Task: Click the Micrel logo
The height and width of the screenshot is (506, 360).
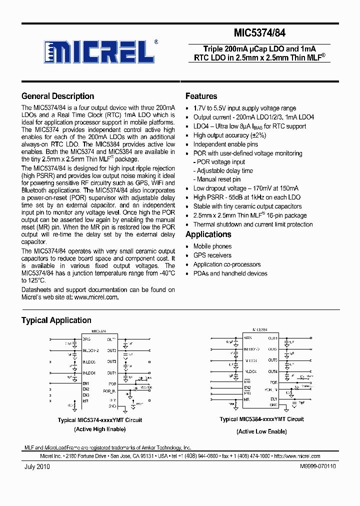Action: [100, 51]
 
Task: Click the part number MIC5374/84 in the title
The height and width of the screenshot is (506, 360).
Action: [259, 33]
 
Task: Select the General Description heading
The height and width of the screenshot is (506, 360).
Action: [57, 96]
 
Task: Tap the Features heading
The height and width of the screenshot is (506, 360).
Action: [201, 96]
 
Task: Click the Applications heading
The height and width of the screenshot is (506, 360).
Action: [208, 234]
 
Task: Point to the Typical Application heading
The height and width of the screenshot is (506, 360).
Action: [56, 320]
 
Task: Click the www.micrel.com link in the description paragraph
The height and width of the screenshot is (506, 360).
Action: [96, 297]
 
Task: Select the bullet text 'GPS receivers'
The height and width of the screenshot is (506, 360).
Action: [212, 255]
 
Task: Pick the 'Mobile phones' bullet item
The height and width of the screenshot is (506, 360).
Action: [212, 246]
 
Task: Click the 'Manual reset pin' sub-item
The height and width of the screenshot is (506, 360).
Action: [218, 179]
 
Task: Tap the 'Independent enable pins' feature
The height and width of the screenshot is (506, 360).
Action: [225, 144]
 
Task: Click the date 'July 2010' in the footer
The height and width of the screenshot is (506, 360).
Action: [37, 466]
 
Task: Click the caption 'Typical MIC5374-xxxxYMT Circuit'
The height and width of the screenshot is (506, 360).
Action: [100, 420]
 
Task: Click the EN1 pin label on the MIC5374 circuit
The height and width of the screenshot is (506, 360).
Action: [86, 383]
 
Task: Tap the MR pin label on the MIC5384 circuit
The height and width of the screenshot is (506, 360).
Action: [246, 399]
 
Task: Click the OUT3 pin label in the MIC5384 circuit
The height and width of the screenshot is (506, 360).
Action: [272, 360]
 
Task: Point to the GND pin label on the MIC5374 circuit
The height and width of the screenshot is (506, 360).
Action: [112, 405]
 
